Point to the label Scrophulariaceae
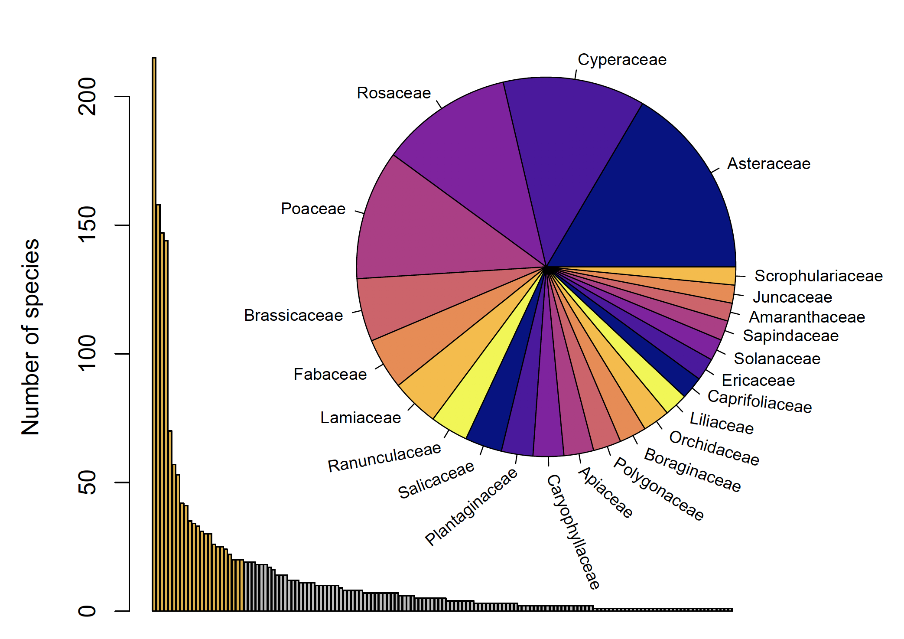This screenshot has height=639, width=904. pos(818,276)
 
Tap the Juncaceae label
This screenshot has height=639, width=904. pos(792,297)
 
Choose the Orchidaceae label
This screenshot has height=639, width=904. pos(714,449)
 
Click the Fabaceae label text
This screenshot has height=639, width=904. pos(330,374)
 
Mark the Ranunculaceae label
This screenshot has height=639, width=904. pos(384,458)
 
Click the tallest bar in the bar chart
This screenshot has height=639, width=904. pos(154,334)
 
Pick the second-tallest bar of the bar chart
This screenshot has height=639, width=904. pos(158,408)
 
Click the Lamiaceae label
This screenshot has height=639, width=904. pos(361,418)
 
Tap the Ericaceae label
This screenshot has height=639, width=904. pos(758,381)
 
